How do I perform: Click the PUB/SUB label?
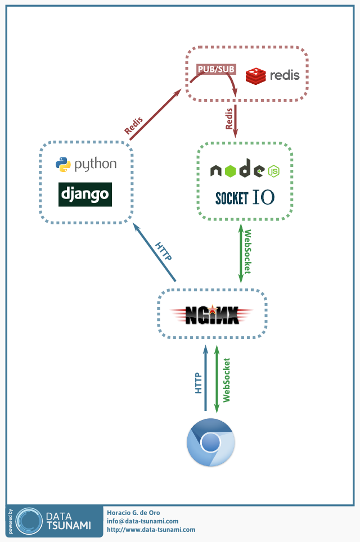tap(216, 69)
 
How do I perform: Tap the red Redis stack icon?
tap(255, 76)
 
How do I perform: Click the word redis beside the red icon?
tap(285, 75)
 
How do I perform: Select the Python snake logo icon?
tap(63, 165)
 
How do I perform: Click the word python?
tap(96, 165)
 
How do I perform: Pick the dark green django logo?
tap(85, 195)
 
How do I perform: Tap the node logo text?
tap(237, 168)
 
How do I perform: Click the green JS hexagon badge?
tap(274, 171)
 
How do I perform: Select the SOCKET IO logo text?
tap(245, 197)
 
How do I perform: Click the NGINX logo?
tap(212, 314)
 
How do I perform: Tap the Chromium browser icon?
tap(210, 442)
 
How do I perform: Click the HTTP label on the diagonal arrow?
tap(163, 251)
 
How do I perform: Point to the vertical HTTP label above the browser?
tap(198, 383)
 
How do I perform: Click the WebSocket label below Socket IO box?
tap(247, 252)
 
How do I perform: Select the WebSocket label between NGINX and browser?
tap(227, 380)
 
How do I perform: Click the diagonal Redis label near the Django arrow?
tap(134, 125)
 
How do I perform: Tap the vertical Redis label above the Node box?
tap(229, 119)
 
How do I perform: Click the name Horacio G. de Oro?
tap(133, 513)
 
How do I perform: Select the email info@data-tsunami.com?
tap(142, 521)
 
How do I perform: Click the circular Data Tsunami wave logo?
tap(29, 521)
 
